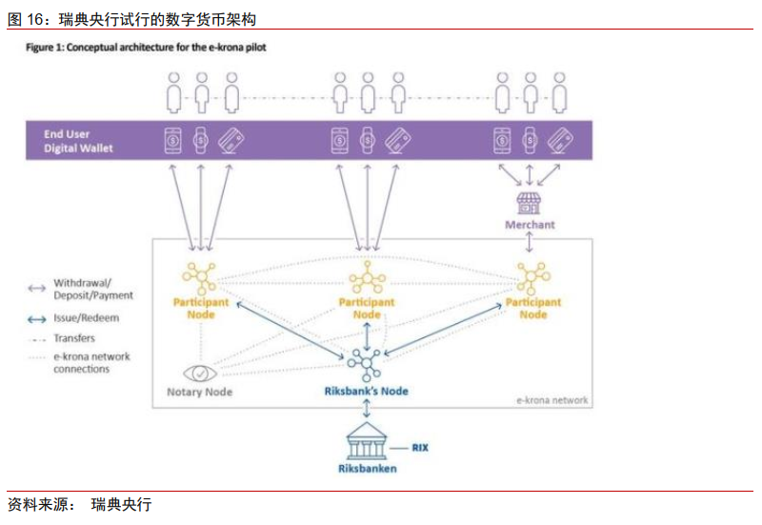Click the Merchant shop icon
click(x=529, y=202)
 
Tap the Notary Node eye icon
click(x=199, y=372)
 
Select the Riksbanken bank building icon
click(x=367, y=441)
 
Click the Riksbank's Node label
click(x=366, y=391)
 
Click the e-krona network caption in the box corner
click(x=552, y=400)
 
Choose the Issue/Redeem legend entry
click(x=87, y=318)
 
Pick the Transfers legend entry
click(x=74, y=337)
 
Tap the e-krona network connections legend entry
click(x=91, y=362)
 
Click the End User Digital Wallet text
click(x=78, y=141)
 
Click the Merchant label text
click(x=530, y=225)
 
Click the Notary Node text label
click(x=199, y=392)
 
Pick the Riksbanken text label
click(x=367, y=468)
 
